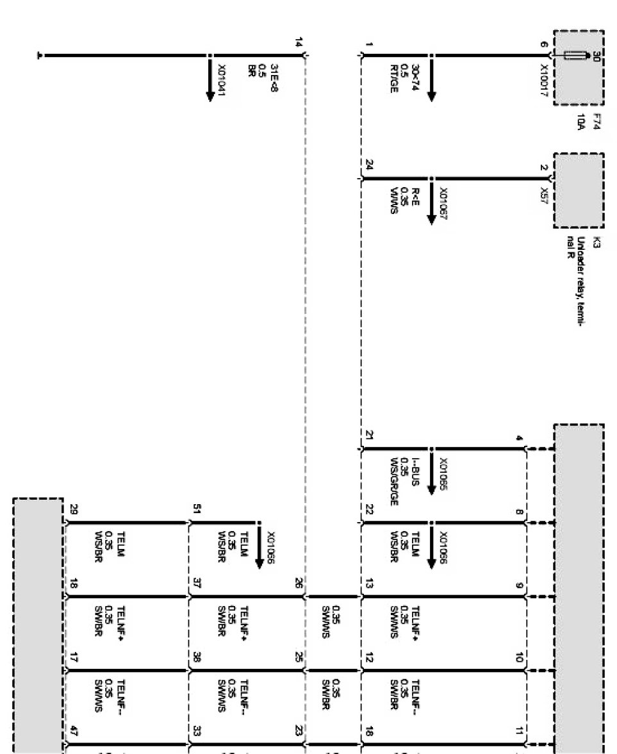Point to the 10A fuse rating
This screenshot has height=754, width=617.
click(x=581, y=121)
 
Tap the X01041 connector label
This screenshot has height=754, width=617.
click(x=222, y=80)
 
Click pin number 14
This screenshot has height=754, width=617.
click(x=298, y=43)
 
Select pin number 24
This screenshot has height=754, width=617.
click(x=368, y=166)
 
